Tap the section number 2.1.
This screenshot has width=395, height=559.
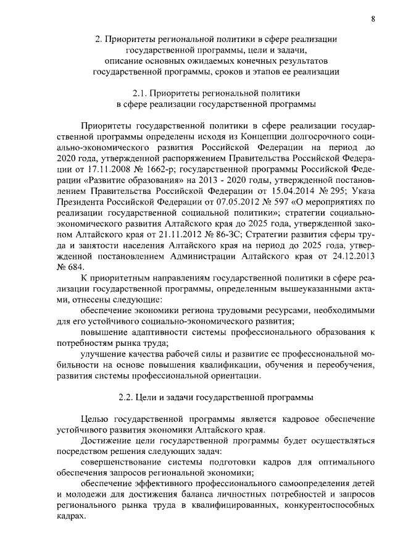pos(141,93)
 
